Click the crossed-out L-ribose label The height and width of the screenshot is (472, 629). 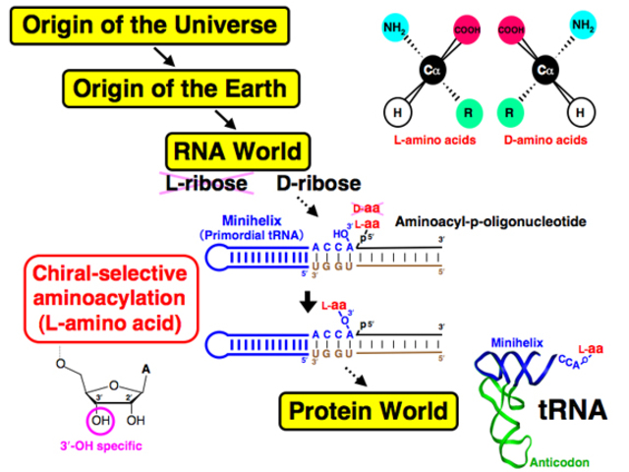204,183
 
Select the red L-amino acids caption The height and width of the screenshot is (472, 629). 428,140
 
